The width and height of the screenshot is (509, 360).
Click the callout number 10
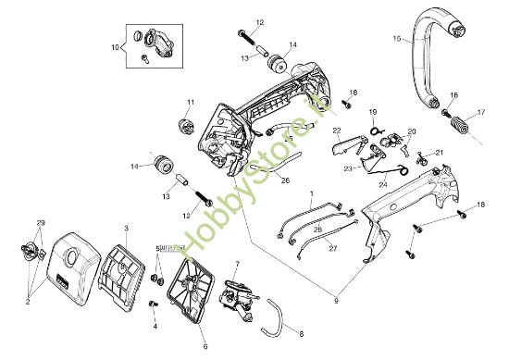pyautogui.click(x=117, y=44)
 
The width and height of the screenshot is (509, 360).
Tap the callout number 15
pyautogui.click(x=396, y=40)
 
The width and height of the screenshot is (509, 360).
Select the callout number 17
pyautogui.click(x=480, y=113)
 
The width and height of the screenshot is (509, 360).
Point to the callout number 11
pyautogui.click(x=190, y=102)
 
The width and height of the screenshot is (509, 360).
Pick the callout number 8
pyautogui.click(x=301, y=331)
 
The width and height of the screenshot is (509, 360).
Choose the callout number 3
pyautogui.click(x=126, y=227)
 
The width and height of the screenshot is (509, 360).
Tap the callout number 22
pyautogui.click(x=337, y=130)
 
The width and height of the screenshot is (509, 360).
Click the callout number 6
pyautogui.click(x=205, y=347)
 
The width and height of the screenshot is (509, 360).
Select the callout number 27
pyautogui.click(x=332, y=248)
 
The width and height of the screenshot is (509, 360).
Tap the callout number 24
pyautogui.click(x=383, y=184)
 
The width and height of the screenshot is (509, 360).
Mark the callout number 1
pyautogui.click(x=312, y=192)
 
